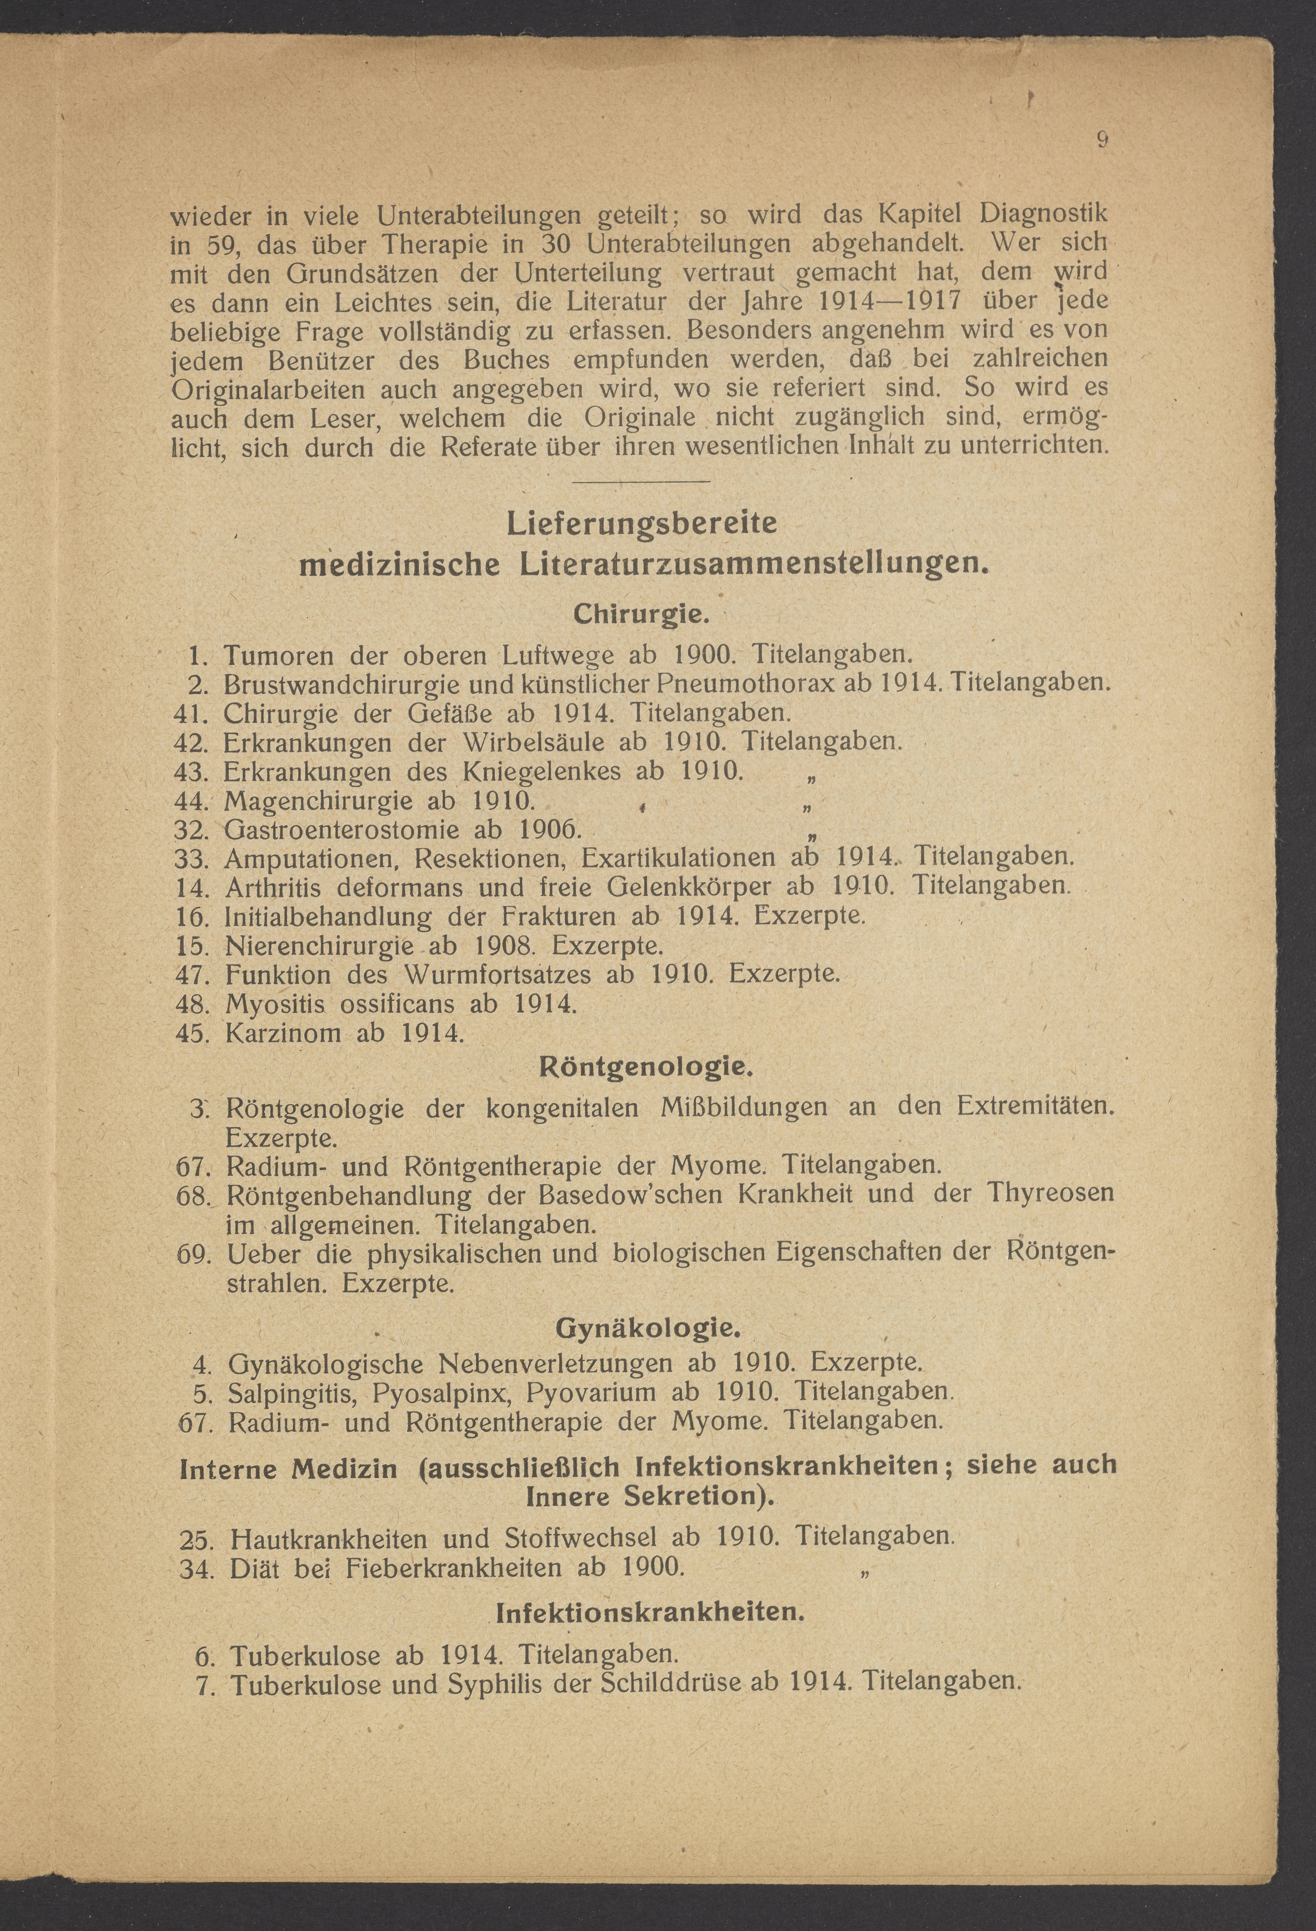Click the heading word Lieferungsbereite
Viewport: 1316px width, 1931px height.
point(641,524)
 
